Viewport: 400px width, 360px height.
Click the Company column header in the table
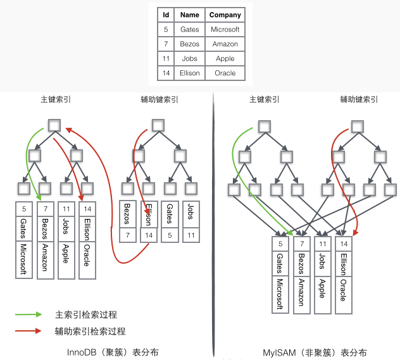pyautogui.click(x=225, y=15)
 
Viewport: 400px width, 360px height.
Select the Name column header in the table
pyautogui.click(x=189, y=15)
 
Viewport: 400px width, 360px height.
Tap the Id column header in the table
pyautogui.click(x=166, y=15)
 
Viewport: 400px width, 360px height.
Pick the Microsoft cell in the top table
pyautogui.click(x=225, y=29)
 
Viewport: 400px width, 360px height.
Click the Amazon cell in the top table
pyautogui.click(x=225, y=44)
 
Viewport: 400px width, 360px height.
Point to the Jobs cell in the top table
pyautogui.click(x=189, y=58)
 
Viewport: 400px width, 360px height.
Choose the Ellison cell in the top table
pyautogui.click(x=189, y=73)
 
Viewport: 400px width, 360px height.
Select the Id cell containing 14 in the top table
pyautogui.click(x=166, y=73)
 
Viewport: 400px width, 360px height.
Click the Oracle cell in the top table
pyautogui.click(x=225, y=73)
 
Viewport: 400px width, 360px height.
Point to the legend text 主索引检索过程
pyautogui.click(x=86, y=314)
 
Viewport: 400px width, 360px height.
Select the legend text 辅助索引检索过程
pyautogui.click(x=90, y=331)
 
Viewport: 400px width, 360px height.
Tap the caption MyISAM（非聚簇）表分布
pyautogui.click(x=315, y=352)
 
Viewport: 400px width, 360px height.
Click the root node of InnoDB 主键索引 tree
pyautogui.click(x=54, y=125)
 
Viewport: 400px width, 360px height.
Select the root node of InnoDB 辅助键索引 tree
pyautogui.click(x=159, y=125)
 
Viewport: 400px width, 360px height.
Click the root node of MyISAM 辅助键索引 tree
pyautogui.click(x=357, y=125)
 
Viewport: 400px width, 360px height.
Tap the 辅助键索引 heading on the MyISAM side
pyautogui.click(x=358, y=99)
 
